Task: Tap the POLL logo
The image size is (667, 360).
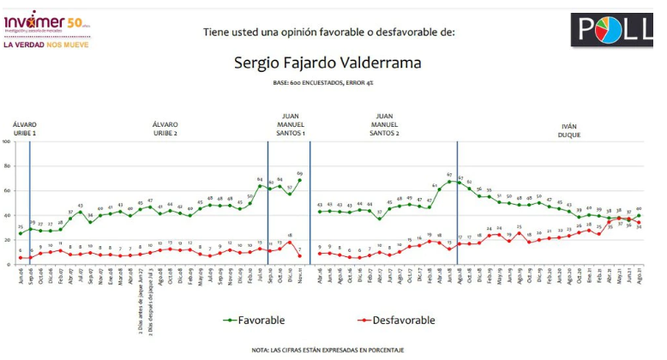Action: coord(612,29)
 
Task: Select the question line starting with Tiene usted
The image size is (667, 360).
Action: coord(329,32)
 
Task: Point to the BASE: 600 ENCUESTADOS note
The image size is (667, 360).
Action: coord(330,83)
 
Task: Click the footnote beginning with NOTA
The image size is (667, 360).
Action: coord(330,350)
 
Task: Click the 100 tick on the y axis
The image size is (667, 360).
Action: coord(9,141)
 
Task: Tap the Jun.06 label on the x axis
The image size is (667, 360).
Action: coord(21,272)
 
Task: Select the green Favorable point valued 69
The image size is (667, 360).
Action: coord(300,180)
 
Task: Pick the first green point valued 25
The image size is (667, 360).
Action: coord(21,233)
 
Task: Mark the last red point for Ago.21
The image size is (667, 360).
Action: coord(639,222)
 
